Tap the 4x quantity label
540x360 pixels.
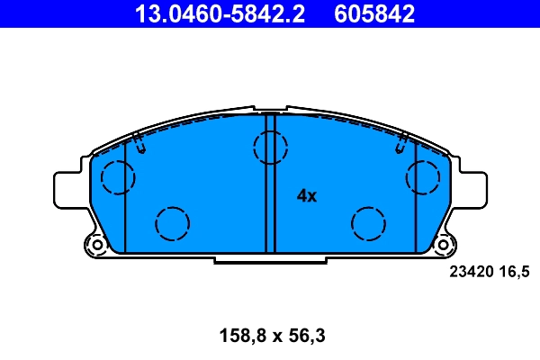[307, 195]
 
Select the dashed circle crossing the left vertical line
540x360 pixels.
[117, 177]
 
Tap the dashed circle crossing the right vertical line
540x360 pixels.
[422, 177]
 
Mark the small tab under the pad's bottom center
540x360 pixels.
[270, 259]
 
